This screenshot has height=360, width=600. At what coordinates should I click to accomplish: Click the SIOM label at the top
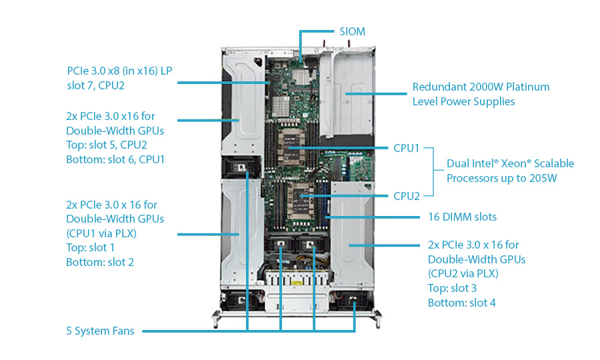[352, 31]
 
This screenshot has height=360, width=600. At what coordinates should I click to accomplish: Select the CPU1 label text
[406, 148]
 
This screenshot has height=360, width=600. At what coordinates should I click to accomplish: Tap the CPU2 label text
[406, 196]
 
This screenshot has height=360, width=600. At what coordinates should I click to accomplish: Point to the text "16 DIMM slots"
[461, 217]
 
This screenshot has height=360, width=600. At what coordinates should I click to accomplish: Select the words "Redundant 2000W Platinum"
[481, 87]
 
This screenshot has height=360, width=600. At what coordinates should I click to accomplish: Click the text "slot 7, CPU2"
[96, 85]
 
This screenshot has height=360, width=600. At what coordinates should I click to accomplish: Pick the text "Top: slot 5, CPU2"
[107, 145]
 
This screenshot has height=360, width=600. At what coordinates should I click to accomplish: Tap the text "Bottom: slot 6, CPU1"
[115, 159]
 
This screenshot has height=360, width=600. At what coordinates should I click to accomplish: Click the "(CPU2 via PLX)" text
[463, 273]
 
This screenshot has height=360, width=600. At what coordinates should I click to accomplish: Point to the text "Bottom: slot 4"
[461, 303]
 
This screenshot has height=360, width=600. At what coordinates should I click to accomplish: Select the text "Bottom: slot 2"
[100, 262]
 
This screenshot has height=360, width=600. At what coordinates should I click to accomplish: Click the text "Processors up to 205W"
[502, 178]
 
